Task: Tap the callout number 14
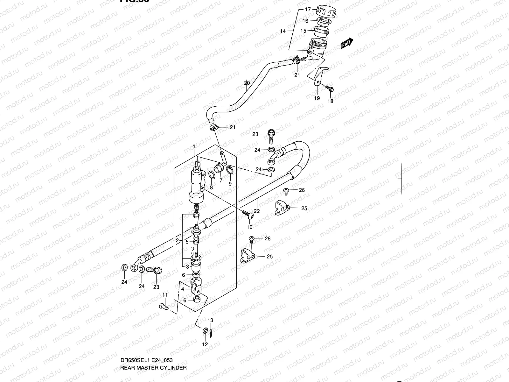point(282,31)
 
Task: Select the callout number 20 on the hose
point(247,83)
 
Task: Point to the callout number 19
point(317,98)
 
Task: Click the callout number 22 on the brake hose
point(257,211)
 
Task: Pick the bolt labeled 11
point(162,306)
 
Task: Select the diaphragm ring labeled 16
point(323,22)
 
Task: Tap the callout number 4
point(183,289)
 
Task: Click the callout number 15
point(303,31)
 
